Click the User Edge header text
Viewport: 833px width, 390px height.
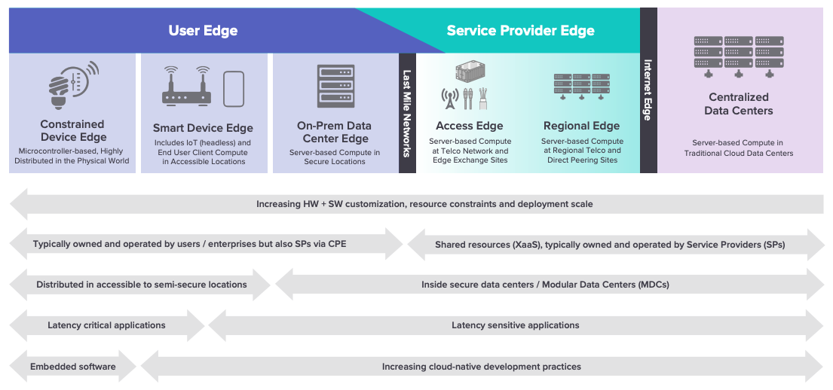203,31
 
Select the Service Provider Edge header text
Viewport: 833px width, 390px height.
520,31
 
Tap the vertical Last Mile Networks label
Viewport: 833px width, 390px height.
407,114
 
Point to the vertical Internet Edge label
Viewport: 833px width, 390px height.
648,90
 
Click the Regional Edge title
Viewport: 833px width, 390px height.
581,126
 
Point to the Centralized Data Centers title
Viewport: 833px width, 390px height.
738,104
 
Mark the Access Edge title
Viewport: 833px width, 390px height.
470,126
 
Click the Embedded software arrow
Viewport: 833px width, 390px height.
73,367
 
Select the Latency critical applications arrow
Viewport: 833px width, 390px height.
106,325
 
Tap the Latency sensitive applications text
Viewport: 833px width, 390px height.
515,325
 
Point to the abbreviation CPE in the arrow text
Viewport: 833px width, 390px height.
337,244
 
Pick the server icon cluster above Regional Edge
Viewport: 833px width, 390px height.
581,84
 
